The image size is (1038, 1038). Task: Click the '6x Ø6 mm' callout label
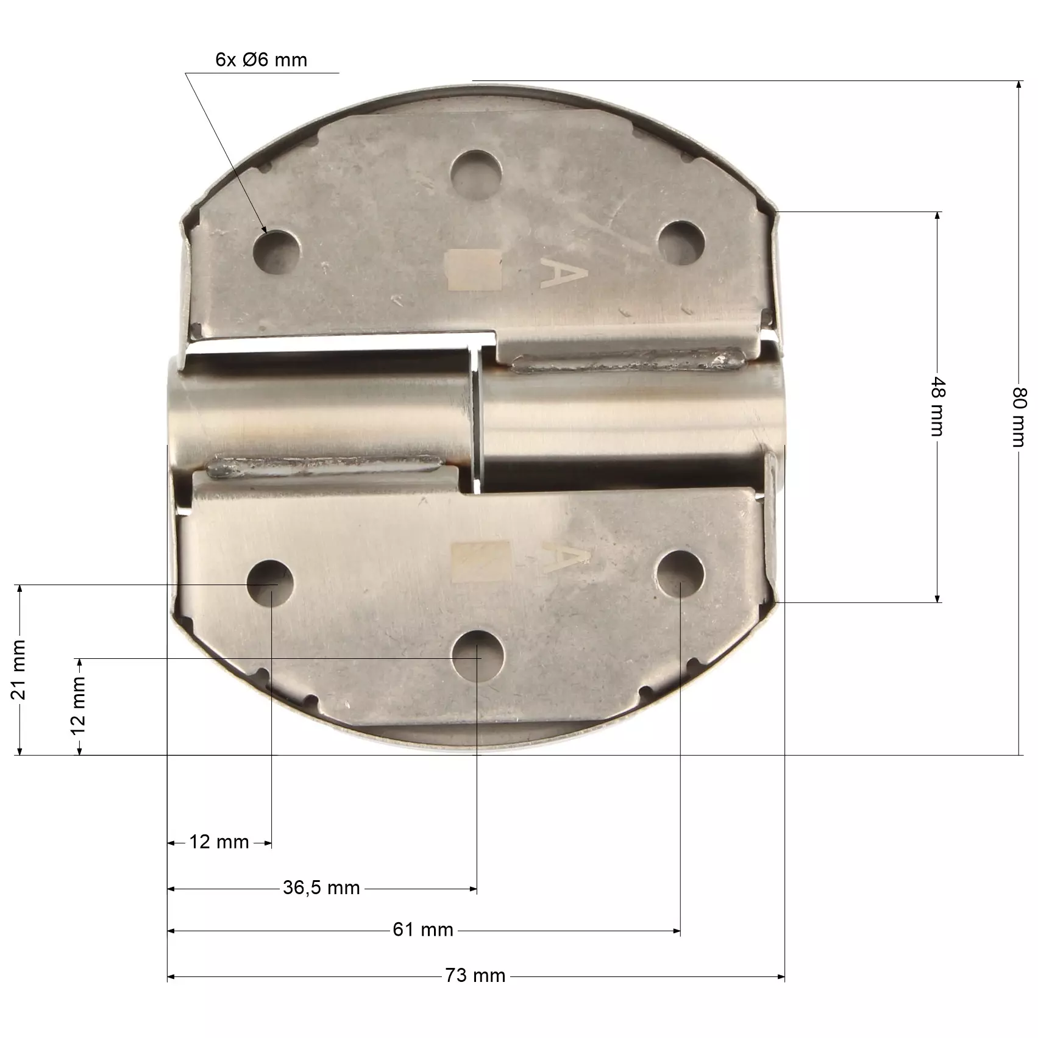click(261, 60)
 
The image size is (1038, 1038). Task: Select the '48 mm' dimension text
click(937, 407)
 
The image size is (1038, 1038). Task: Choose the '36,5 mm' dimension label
click(321, 887)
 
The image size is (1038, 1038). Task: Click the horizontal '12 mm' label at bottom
click(219, 842)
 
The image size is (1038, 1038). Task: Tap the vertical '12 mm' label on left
click(78, 706)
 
